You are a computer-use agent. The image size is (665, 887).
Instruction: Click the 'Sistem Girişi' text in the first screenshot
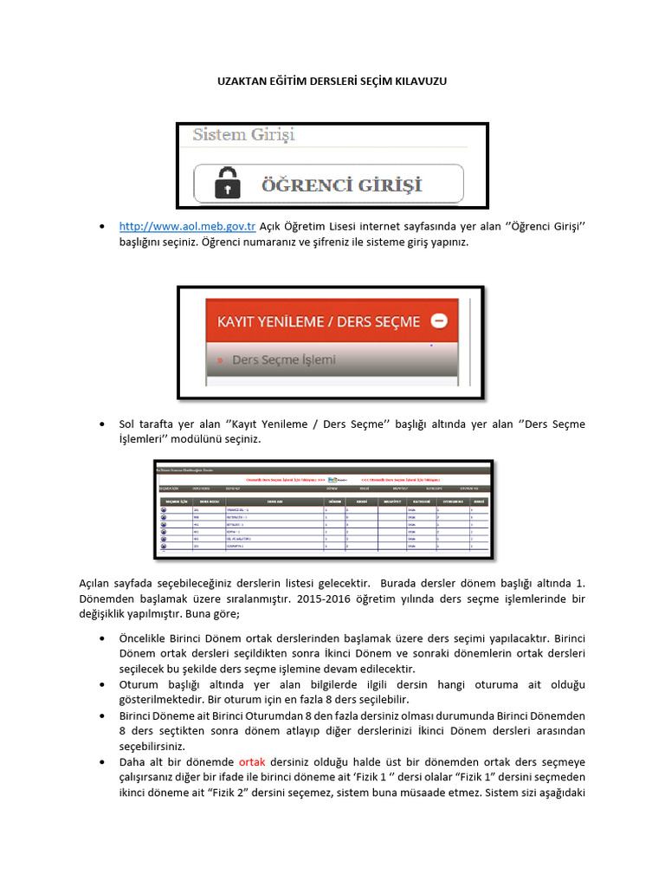243,135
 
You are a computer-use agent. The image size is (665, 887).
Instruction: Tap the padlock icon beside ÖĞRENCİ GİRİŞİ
227,184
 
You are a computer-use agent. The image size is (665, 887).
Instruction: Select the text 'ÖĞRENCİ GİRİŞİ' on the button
341,185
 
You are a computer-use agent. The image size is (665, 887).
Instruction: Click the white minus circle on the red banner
439,320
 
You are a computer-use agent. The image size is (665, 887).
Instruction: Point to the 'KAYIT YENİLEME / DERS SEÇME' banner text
318,321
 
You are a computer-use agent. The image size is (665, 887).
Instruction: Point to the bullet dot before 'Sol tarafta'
103,424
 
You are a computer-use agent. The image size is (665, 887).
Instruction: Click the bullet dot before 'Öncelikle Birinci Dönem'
103,638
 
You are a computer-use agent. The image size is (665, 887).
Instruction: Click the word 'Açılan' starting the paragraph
95,583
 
